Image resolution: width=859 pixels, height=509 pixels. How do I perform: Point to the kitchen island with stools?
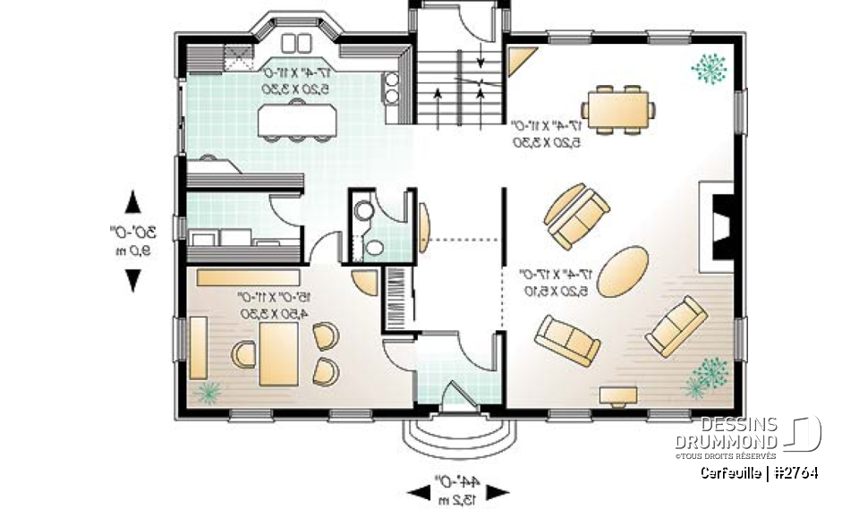[294, 119]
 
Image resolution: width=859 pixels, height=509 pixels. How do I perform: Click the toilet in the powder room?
[365, 211]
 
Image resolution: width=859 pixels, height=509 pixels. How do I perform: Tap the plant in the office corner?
[208, 392]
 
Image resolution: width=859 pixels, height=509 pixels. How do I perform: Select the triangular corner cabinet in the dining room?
[518, 61]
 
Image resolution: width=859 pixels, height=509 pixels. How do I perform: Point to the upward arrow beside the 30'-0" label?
[132, 201]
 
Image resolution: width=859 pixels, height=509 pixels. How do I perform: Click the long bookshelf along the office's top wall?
[249, 276]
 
